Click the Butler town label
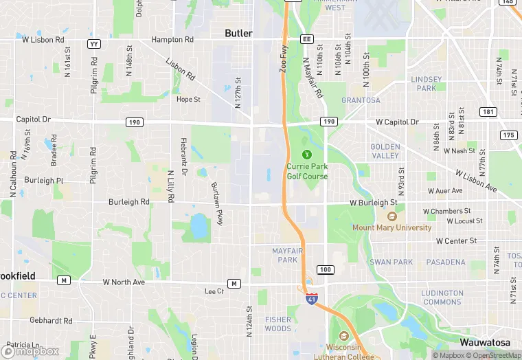tap(239, 33)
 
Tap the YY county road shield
tap(94, 44)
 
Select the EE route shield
tap(306, 39)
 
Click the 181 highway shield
tap(488, 112)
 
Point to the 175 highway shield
tap(509, 135)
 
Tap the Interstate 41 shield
tap(311, 299)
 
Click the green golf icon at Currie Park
tap(308, 153)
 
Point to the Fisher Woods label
tap(278, 324)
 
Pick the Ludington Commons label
tap(442, 297)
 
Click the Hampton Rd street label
tap(172, 40)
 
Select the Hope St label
tap(188, 99)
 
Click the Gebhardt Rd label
tap(51, 321)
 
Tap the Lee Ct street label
tap(214, 291)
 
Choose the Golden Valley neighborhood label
tap(385, 151)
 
